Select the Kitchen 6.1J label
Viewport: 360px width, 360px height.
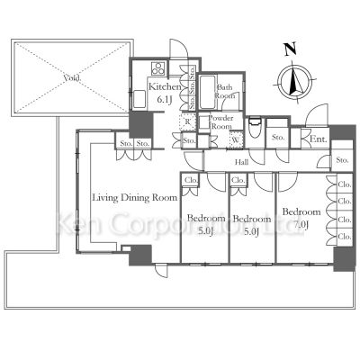[x=166, y=92]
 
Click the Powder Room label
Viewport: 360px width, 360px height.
[x=221, y=122]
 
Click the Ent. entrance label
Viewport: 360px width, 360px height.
[x=319, y=139]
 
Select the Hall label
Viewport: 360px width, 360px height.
[x=242, y=162]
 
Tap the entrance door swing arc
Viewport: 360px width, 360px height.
[x=315, y=117]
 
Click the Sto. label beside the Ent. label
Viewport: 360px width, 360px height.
[x=277, y=138]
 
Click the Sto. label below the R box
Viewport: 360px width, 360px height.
[x=188, y=141]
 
